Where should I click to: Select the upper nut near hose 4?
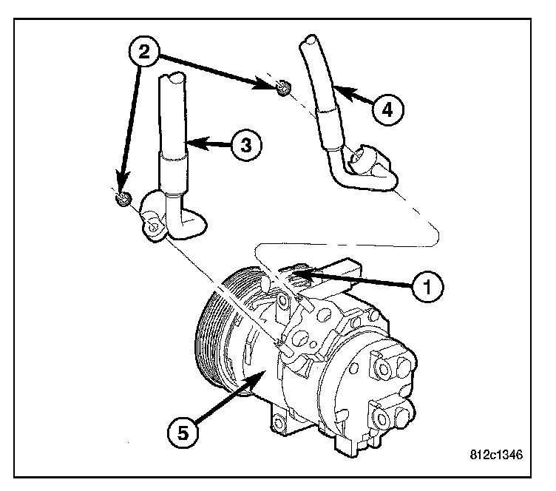pos(281,89)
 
